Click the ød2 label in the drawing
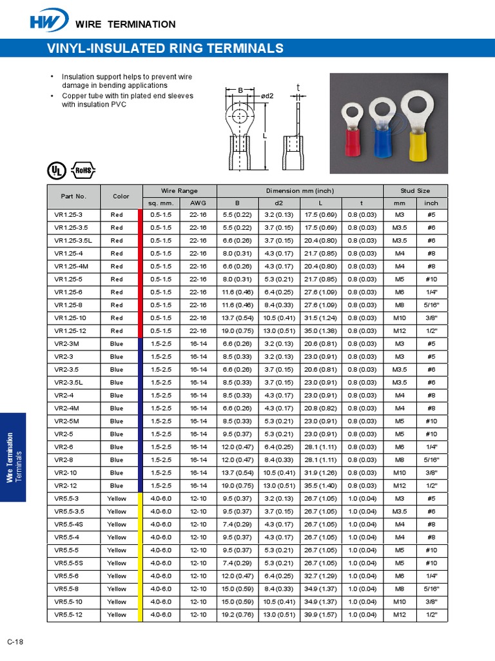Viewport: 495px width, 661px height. pos(267,96)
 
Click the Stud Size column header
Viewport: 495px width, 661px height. pos(415,190)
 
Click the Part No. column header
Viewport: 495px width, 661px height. pos(73,196)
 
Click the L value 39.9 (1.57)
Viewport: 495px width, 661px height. pos(320,615)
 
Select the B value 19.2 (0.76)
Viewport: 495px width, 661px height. pos(237,615)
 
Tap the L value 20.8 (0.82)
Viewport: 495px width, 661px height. pos(320,408)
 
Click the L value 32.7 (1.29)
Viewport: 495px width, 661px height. pos(320,576)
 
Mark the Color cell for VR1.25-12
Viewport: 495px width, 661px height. pos(117,330)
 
